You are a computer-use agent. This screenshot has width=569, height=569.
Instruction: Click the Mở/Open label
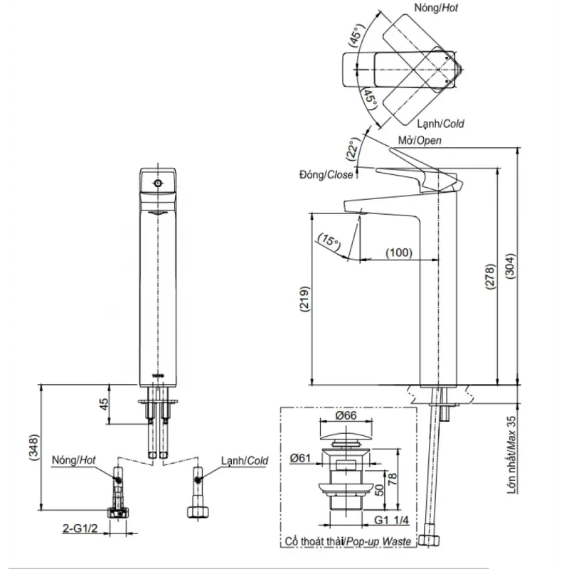[420, 140]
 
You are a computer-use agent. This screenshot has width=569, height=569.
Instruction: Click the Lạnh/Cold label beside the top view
[442, 124]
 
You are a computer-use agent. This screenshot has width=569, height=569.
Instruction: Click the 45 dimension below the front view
[104, 404]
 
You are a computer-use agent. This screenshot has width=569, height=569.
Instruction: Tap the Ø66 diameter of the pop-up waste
[348, 418]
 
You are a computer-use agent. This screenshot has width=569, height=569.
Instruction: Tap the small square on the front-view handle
[158, 183]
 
